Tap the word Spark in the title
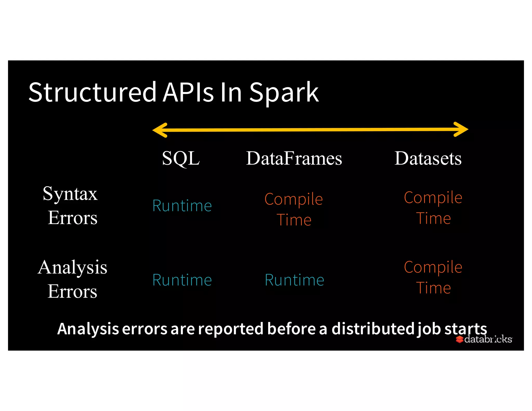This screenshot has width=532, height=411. pos(284,93)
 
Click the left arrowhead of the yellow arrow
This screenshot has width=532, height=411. pos(159,130)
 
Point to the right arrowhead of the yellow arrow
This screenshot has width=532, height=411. pos(461,129)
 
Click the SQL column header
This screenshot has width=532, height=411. pos(181,158)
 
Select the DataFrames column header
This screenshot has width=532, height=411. pos(294,158)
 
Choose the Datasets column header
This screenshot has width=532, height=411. pos(428,158)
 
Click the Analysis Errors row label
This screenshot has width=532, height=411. pos(72,279)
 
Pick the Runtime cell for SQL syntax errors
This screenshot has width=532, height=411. pos(182,206)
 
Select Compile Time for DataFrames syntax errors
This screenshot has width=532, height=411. pos(294,209)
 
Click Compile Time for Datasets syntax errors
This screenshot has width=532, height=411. pos(433,208)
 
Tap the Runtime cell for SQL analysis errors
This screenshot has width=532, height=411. pos(182,280)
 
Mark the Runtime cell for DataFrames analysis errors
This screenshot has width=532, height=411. pos(294,280)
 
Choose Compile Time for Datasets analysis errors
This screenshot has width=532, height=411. pos(433,277)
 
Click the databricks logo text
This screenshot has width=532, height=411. pos(488,339)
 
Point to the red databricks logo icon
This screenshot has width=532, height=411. pos(460,339)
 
